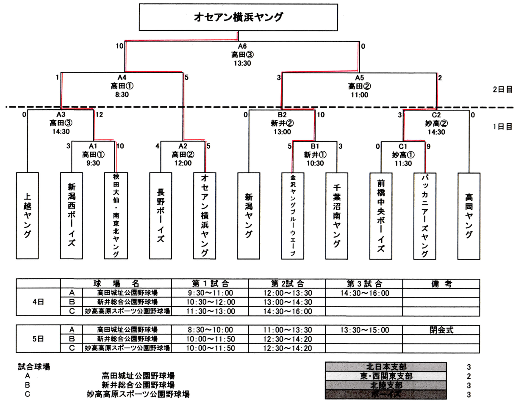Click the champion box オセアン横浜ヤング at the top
point(239,17)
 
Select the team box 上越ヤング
point(27,215)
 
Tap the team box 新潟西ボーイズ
point(71,215)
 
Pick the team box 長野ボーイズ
point(160,215)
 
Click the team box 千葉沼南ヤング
point(336,215)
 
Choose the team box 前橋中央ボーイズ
point(380,215)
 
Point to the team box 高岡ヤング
point(469,215)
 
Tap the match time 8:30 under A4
point(122,94)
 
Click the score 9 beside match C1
point(429,147)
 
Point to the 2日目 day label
point(503,89)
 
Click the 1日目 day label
point(503,127)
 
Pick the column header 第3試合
point(364,283)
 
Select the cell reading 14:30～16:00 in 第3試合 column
point(364,293)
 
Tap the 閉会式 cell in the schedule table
point(441,330)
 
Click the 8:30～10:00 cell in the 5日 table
point(210,330)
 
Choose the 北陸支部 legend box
point(386,385)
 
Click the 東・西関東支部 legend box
point(386,376)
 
